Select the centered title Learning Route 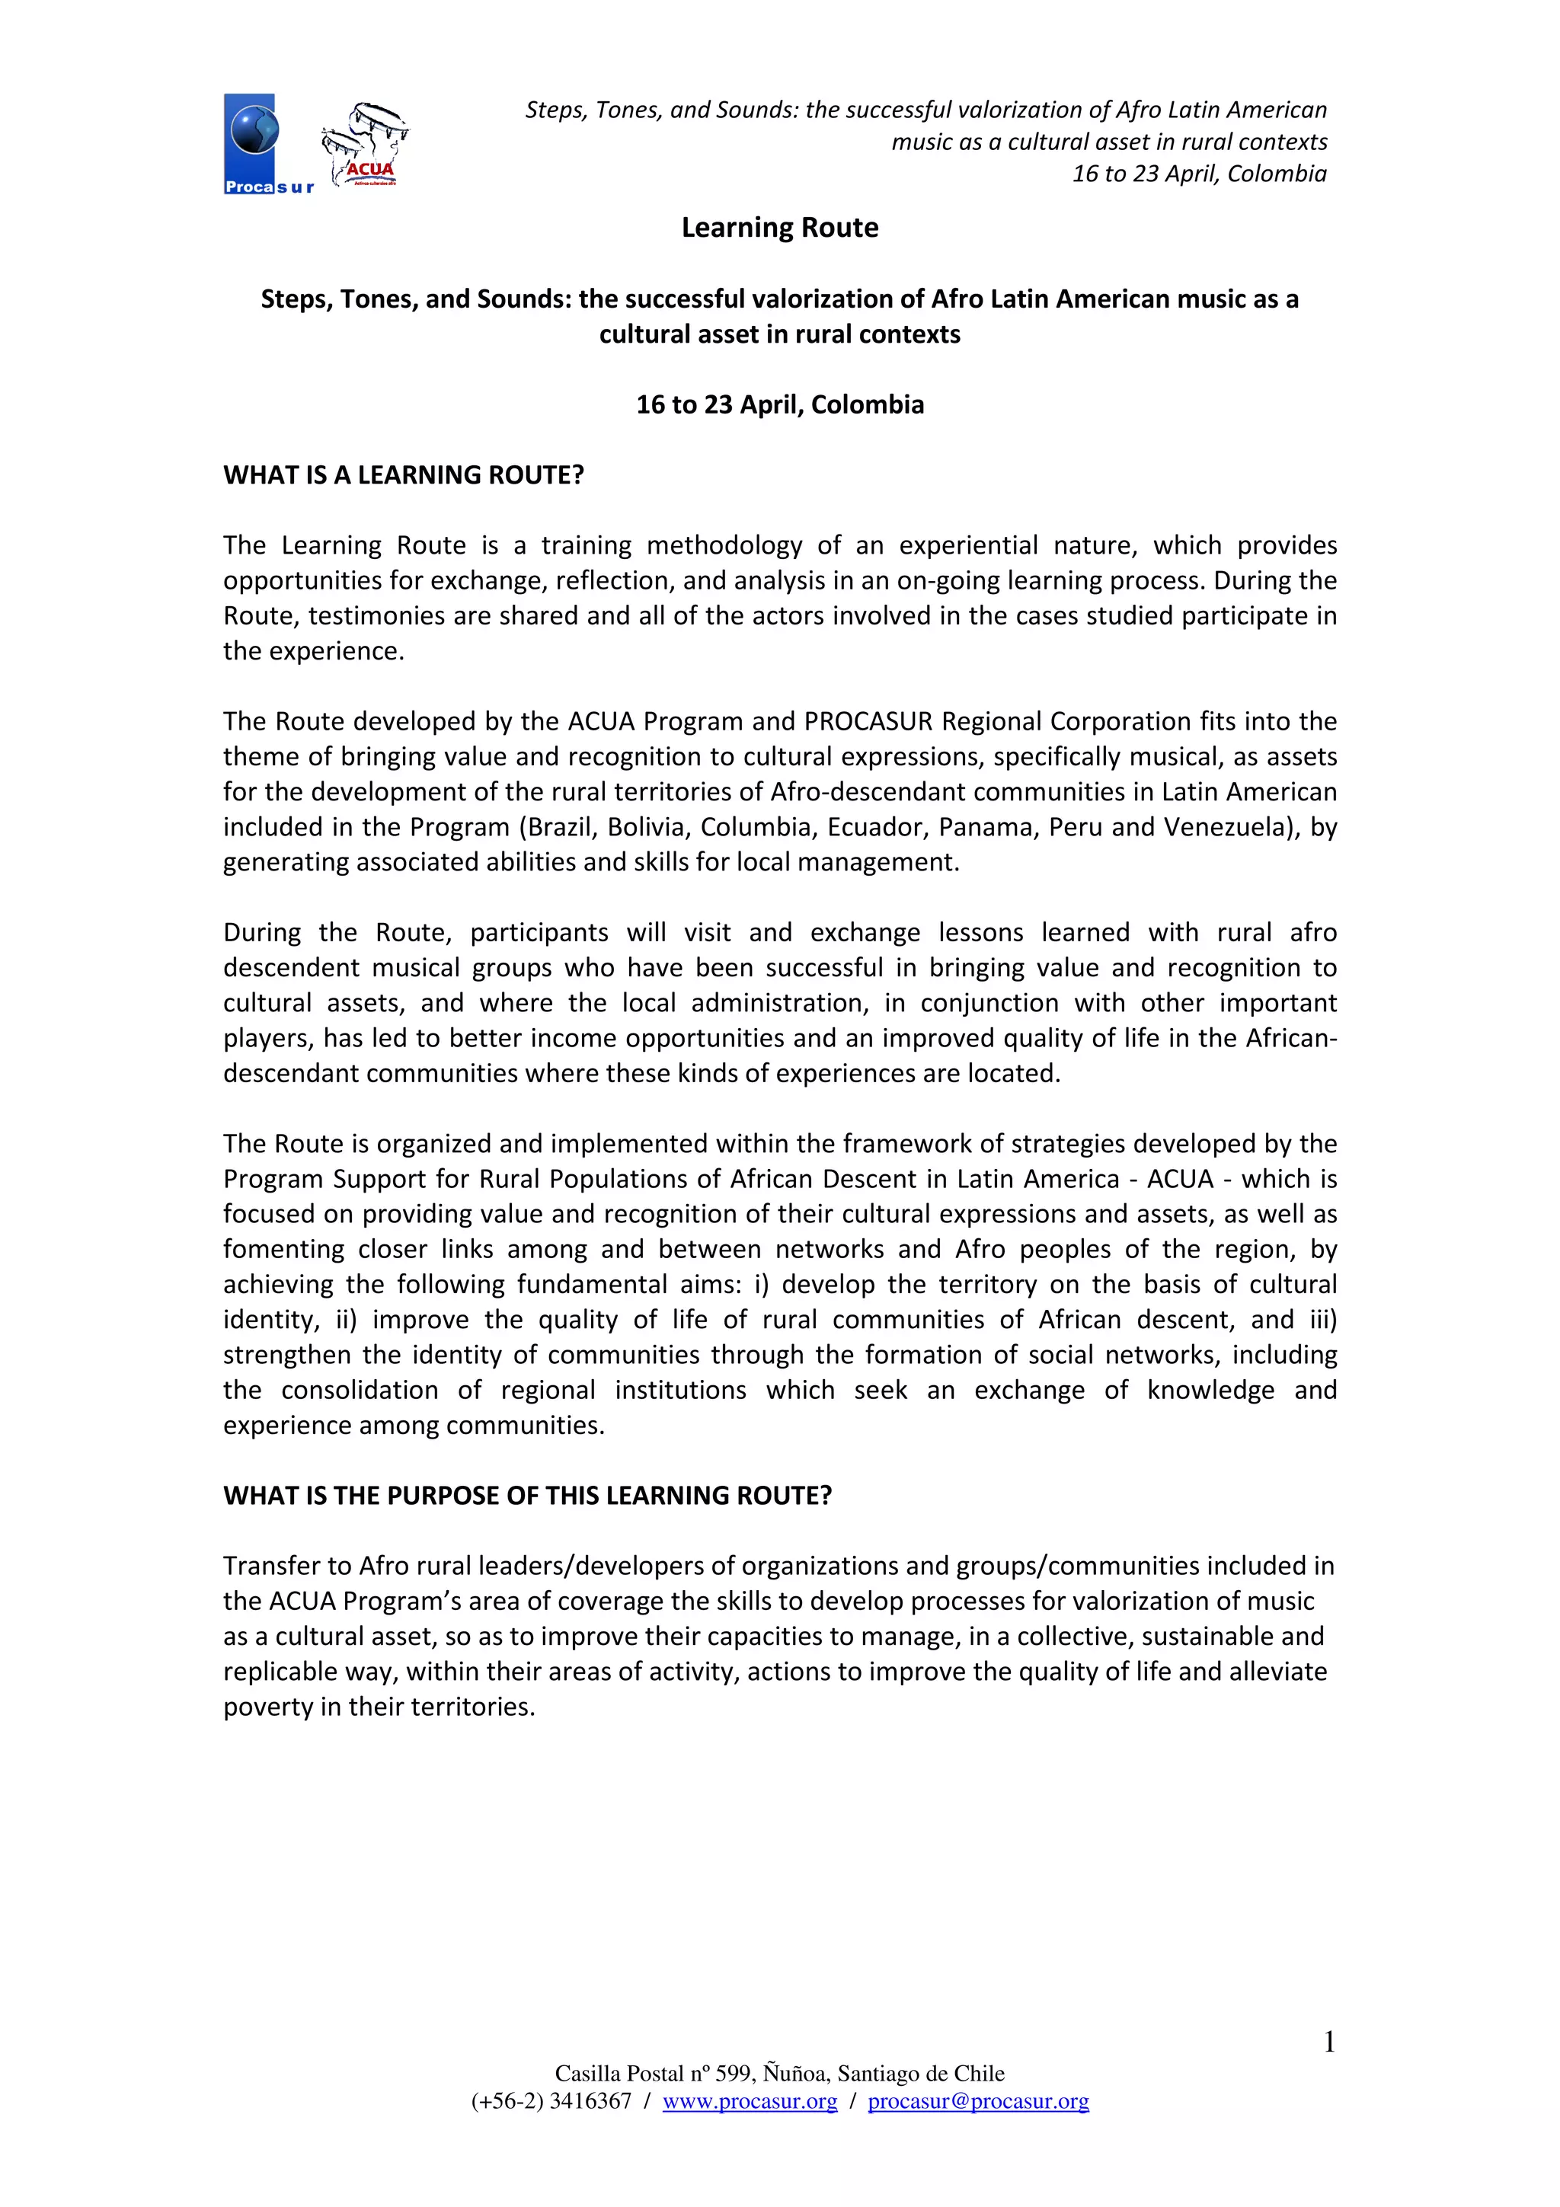point(779,228)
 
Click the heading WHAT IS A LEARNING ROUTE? point(404,475)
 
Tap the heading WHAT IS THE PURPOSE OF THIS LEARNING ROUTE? point(528,1496)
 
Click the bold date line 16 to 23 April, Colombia point(779,404)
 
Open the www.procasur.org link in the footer point(750,2101)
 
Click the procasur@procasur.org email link point(977,2101)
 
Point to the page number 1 point(1328,2042)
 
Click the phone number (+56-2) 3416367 point(551,2101)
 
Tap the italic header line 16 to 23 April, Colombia point(1199,174)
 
